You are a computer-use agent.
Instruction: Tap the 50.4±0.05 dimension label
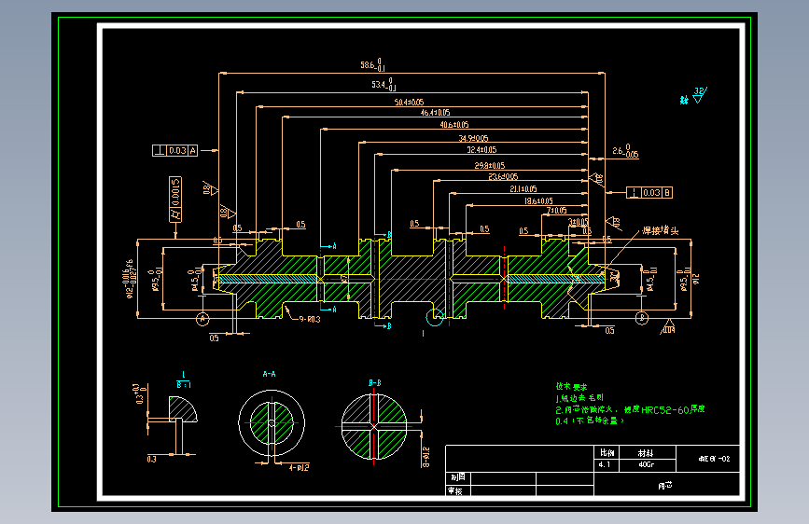(x=409, y=102)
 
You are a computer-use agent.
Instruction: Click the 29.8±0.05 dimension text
(x=487, y=165)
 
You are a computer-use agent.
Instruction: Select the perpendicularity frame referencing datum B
(x=650, y=193)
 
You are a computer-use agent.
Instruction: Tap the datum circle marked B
(x=643, y=318)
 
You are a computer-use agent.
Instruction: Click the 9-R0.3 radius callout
(x=309, y=319)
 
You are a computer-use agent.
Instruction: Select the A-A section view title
(x=269, y=374)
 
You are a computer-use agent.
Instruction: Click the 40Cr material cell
(x=644, y=463)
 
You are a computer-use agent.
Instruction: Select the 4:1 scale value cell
(x=604, y=463)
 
